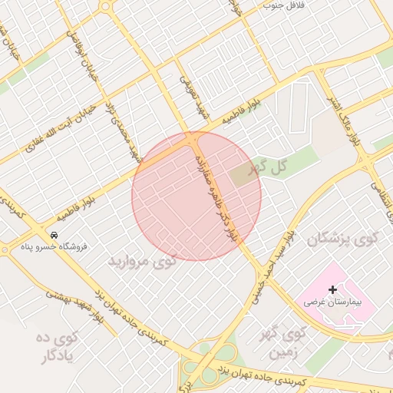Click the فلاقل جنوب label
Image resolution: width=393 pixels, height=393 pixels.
[284, 5]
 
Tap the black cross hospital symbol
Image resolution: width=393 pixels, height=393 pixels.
[332, 289]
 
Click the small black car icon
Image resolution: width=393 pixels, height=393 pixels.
[54, 234]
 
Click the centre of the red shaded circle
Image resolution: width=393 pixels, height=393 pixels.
[196, 196]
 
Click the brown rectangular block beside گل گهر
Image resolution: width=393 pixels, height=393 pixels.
[245, 173]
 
